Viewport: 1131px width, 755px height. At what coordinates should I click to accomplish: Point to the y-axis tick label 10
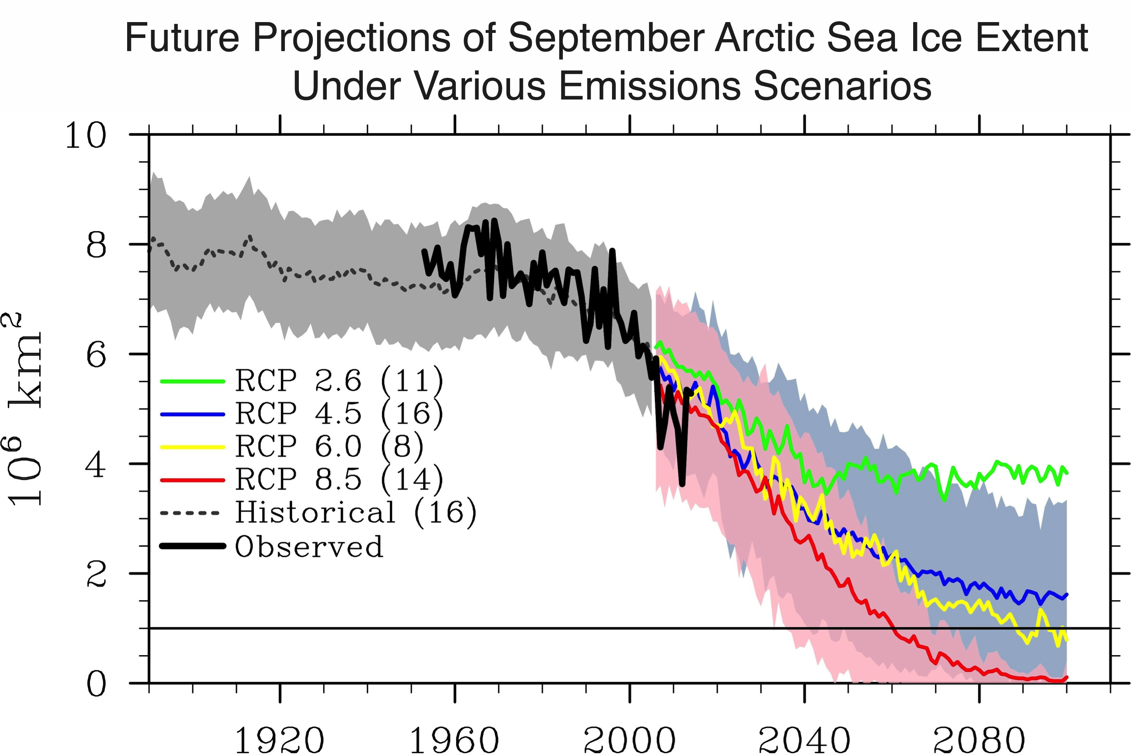click(85, 135)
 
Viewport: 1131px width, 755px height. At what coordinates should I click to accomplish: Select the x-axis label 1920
click(279, 740)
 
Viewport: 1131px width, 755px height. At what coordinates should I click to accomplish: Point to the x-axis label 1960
click(454, 740)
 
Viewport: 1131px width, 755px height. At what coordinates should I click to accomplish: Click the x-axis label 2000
click(629, 740)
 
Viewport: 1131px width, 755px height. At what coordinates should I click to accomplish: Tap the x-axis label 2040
click(804, 740)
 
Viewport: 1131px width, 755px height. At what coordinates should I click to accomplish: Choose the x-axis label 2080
click(979, 740)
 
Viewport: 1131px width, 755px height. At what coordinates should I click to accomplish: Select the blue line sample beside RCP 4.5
click(192, 414)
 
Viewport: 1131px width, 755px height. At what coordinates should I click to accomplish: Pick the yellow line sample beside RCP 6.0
click(192, 447)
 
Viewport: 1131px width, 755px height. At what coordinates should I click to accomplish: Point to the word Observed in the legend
click(309, 547)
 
